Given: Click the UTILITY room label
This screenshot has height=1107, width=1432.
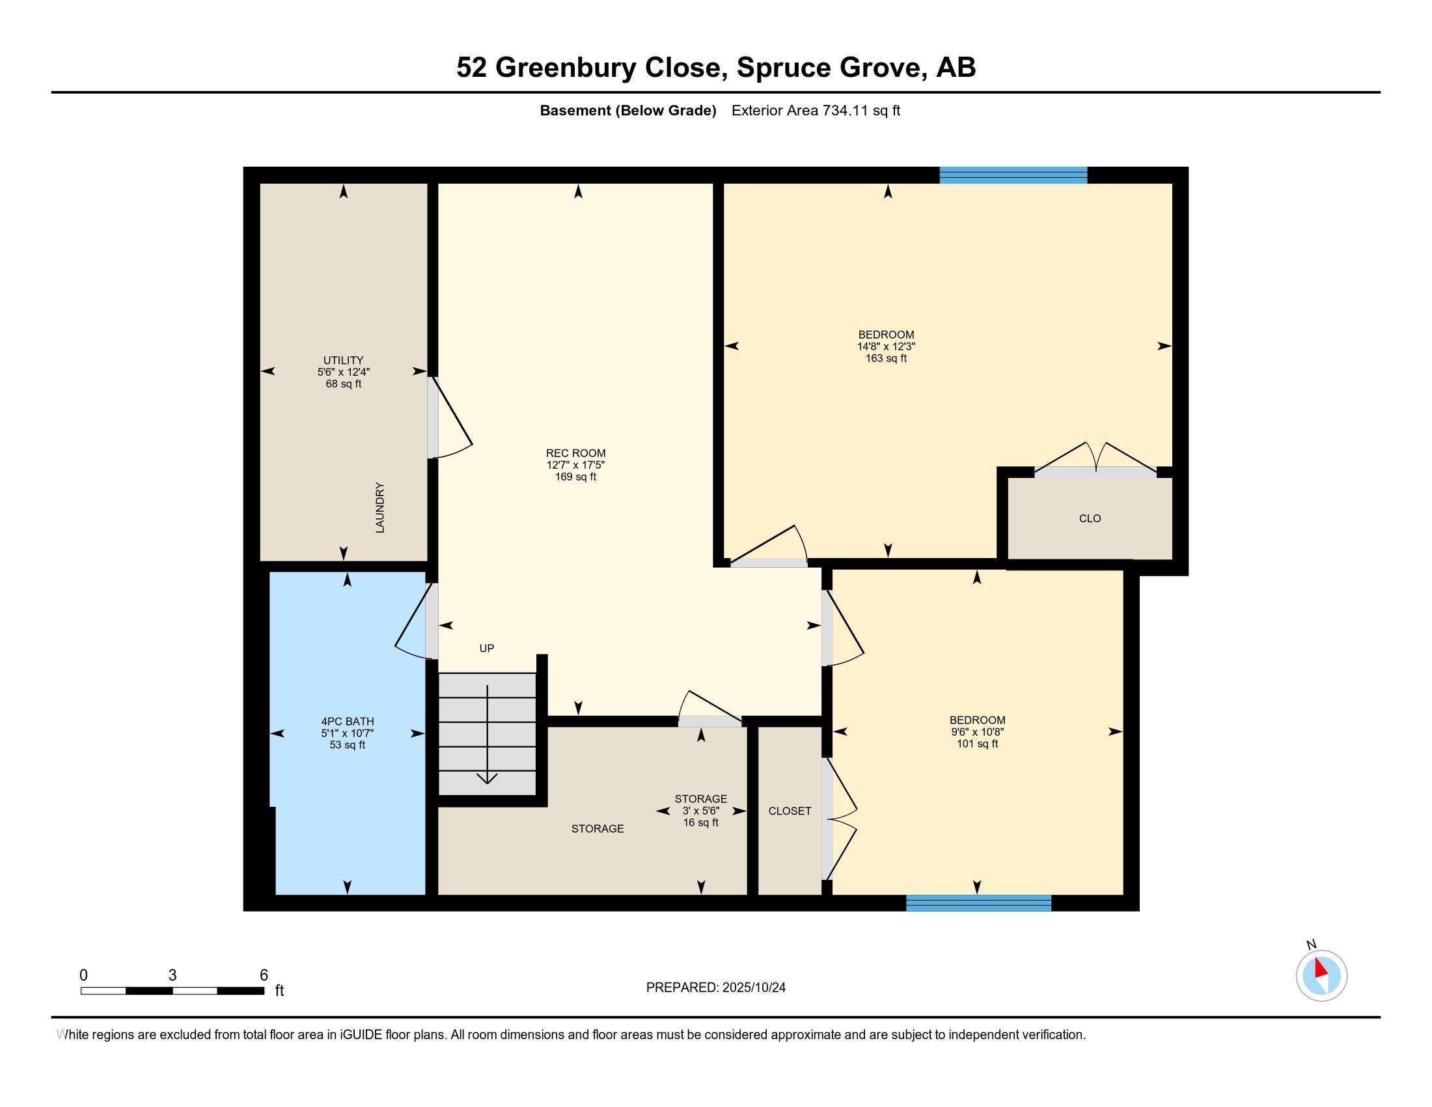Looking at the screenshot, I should point(343,360).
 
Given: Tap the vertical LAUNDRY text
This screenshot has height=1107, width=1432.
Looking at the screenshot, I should point(379,508).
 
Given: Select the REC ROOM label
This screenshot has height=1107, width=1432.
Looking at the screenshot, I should point(575,453).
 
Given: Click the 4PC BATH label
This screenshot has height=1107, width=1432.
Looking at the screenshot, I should point(348,722).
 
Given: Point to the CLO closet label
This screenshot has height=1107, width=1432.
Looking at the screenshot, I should point(1090,518).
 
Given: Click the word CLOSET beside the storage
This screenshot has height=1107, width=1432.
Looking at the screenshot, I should point(790,811).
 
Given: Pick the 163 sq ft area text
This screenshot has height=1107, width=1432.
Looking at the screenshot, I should point(886,358).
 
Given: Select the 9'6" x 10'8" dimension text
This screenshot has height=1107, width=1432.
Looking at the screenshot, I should point(977,732).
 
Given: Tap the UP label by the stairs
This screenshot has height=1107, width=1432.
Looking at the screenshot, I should point(486,648).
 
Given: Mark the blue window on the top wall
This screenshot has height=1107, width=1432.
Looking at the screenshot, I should point(1013,175).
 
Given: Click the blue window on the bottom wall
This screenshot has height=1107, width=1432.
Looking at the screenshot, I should point(978,903).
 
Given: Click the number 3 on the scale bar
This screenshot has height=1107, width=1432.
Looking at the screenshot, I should point(172,975).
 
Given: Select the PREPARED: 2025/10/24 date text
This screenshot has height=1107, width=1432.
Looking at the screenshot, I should point(715,988).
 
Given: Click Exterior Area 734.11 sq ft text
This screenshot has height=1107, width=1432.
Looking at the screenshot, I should point(816,111).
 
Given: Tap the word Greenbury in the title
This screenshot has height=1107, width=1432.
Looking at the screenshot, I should point(565,68).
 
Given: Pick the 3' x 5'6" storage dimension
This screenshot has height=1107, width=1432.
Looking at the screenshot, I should point(701,811).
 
